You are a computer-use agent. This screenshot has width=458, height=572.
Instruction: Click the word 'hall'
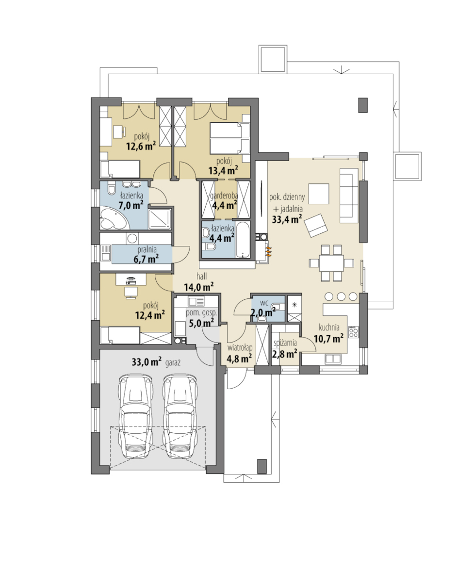tap(201, 277)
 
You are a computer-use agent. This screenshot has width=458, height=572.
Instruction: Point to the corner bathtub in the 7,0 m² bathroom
tap(113, 218)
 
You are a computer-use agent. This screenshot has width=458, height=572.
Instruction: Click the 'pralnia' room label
tap(147, 250)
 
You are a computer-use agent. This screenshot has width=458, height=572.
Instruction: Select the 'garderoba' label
tap(224, 196)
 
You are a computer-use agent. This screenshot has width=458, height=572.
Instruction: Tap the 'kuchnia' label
tap(329, 327)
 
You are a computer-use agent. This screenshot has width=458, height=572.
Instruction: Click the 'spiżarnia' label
tap(285, 343)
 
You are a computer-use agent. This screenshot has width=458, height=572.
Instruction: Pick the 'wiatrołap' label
tap(239, 348)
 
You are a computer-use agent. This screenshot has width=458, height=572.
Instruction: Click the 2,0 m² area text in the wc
tap(263, 312)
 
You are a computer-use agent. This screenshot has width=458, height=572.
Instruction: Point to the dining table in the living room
tap(331, 262)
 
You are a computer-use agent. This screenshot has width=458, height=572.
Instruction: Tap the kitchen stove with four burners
tap(353, 332)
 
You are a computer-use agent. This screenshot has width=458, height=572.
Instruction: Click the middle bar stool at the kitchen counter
tap(341, 296)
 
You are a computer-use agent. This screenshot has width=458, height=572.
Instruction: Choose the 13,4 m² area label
tap(223, 170)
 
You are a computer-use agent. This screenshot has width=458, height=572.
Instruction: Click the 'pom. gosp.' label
tap(201, 312)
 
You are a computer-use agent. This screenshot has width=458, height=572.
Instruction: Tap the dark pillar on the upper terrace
tap(363, 105)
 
